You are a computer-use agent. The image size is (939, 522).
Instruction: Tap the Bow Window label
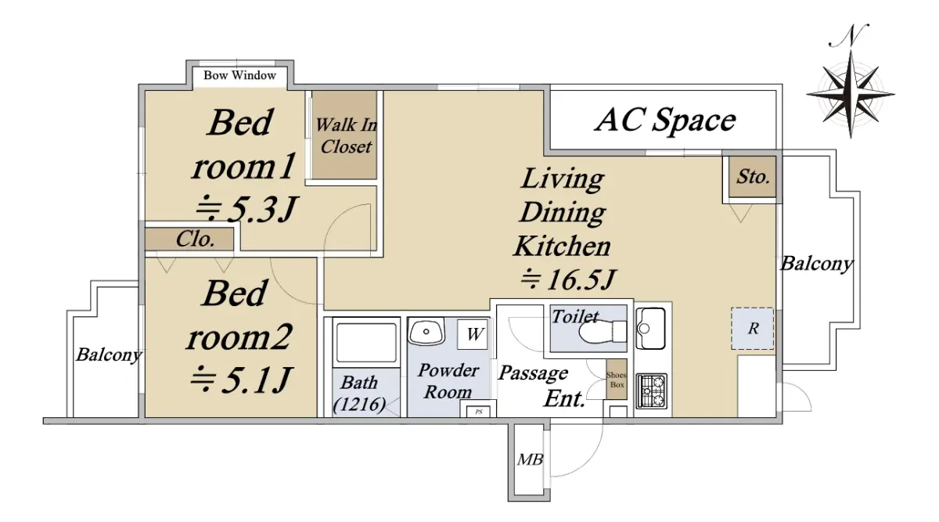pyautogui.click(x=239, y=75)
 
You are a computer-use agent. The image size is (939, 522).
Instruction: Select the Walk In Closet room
pyautogui.click(x=344, y=135)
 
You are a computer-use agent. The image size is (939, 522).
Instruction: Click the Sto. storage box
pyautogui.click(x=752, y=177)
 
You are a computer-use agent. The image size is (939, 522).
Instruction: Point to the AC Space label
pyautogui.click(x=665, y=121)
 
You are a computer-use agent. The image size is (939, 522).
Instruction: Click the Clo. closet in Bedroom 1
pyautogui.click(x=189, y=239)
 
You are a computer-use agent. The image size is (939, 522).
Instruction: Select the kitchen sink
pyautogui.click(x=650, y=328)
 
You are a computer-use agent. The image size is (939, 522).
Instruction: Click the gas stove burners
pyautogui.click(x=651, y=391)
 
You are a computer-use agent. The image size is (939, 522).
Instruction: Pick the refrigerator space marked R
pyautogui.click(x=753, y=329)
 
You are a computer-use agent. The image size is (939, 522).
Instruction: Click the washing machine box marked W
pyautogui.click(x=473, y=334)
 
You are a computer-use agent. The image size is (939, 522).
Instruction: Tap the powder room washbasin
pyautogui.click(x=426, y=331)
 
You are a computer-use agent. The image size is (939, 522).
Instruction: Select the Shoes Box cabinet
pyautogui.click(x=617, y=380)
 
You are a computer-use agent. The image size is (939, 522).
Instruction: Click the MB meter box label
pyautogui.click(x=530, y=460)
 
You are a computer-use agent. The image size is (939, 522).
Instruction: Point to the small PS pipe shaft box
pyautogui.click(x=478, y=412)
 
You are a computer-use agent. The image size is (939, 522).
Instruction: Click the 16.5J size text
pyautogui.click(x=568, y=279)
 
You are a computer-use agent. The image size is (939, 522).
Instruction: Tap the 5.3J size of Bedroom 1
pyautogui.click(x=246, y=209)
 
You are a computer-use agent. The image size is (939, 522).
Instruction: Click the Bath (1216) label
pyautogui.click(x=359, y=394)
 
